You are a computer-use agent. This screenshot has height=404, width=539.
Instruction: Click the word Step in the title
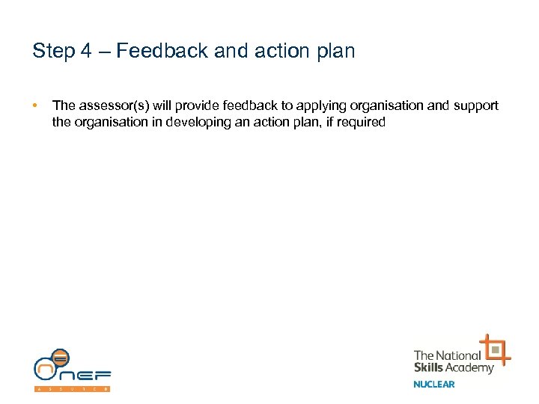click(52, 52)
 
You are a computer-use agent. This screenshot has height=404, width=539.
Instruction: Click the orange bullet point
click(35, 106)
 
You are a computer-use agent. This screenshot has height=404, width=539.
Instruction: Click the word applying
click(320, 106)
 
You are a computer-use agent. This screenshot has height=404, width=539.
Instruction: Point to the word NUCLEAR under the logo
click(434, 385)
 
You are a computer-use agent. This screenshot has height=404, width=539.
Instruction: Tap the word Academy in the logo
click(472, 367)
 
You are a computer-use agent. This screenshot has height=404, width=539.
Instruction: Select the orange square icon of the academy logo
click(495, 350)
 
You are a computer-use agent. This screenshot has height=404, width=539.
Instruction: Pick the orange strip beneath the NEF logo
click(73, 389)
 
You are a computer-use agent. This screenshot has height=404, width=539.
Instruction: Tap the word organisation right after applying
click(385, 106)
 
